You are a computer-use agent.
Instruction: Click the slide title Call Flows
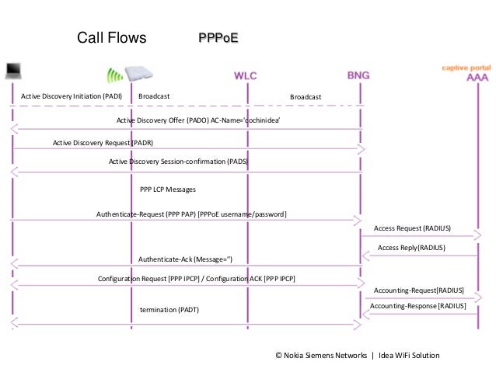[111, 38]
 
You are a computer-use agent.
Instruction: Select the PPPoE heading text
[218, 37]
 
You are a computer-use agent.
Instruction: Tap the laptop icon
[12, 71]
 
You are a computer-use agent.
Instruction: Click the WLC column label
[246, 75]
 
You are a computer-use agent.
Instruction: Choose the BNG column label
[358, 75]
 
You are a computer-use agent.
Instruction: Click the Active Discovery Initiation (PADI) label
[70, 96]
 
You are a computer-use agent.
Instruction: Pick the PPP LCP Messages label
[167, 189]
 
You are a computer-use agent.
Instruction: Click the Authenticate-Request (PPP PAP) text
[191, 214]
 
